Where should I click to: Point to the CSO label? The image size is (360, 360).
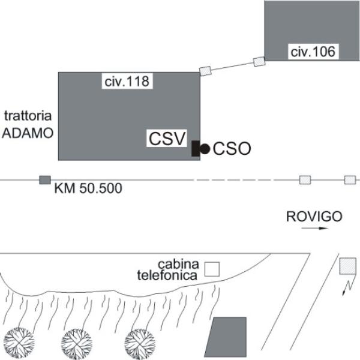coord(232,148)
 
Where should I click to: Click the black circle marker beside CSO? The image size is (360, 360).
coord(205,148)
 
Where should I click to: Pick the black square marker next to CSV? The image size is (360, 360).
coord(196,148)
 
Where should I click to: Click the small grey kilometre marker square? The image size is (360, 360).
coord(44,180)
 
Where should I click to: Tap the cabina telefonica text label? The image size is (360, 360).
coord(178,270)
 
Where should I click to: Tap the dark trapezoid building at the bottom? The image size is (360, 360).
coord(227,337)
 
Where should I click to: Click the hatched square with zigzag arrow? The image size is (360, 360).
coord(347,266)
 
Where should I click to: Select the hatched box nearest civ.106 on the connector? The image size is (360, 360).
coord(259,61)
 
